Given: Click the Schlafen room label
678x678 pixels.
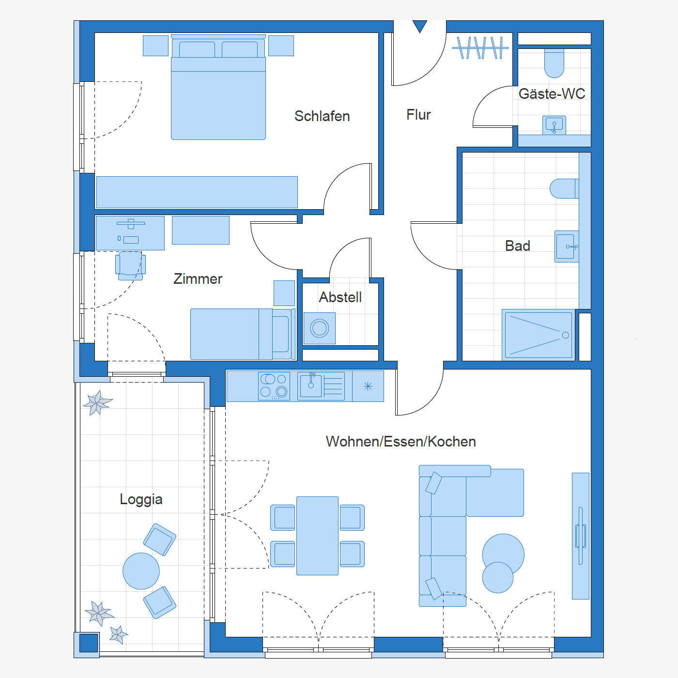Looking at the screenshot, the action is point(322,116).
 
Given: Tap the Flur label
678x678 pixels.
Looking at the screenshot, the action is point(418,115).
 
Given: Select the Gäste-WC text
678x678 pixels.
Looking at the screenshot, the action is point(552,93).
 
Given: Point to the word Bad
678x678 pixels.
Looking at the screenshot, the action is point(517,246).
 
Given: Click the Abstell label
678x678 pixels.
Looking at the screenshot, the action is point(340,297).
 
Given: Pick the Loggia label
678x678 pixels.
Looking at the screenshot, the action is point(141,500).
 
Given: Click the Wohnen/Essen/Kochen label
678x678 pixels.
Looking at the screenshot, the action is point(401,442).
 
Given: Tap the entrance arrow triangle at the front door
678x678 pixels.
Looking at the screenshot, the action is point(420,26).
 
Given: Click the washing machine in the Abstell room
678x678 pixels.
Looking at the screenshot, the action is point(320,328).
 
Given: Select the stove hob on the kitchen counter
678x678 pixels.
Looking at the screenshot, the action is point(274,386).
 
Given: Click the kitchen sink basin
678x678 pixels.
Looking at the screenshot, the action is point(311,386).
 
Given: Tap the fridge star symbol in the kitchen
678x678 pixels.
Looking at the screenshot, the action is point(368,386).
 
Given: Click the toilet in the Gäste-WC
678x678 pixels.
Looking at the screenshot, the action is point(554,63).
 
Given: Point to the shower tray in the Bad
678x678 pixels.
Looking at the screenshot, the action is point(539,335).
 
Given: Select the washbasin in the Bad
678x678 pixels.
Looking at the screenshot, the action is point(567,247).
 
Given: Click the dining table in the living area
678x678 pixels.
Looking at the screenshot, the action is point(317,536).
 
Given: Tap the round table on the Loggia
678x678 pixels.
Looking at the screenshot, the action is point(141,571).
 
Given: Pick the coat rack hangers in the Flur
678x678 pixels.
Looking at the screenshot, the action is point(480,47).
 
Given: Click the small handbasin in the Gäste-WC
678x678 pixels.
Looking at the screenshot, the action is point(554,125).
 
